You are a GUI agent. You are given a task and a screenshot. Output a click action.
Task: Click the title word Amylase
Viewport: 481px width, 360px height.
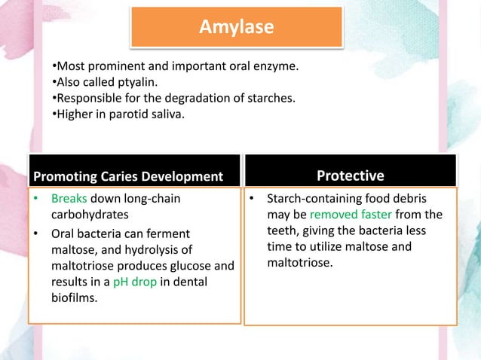236,27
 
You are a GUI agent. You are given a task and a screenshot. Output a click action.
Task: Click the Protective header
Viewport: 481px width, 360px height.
350,175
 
